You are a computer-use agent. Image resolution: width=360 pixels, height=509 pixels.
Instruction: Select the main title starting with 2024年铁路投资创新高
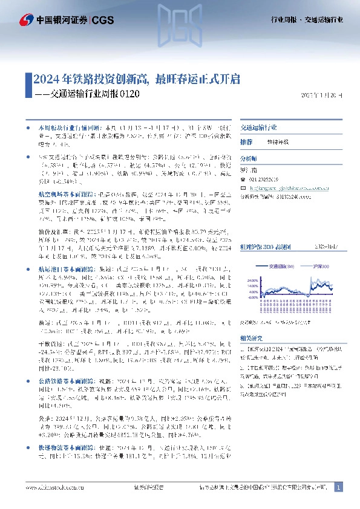point(137,79)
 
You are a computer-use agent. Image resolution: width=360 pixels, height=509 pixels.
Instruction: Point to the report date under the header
point(321,95)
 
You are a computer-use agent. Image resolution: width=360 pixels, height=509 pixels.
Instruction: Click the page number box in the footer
point(338,487)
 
